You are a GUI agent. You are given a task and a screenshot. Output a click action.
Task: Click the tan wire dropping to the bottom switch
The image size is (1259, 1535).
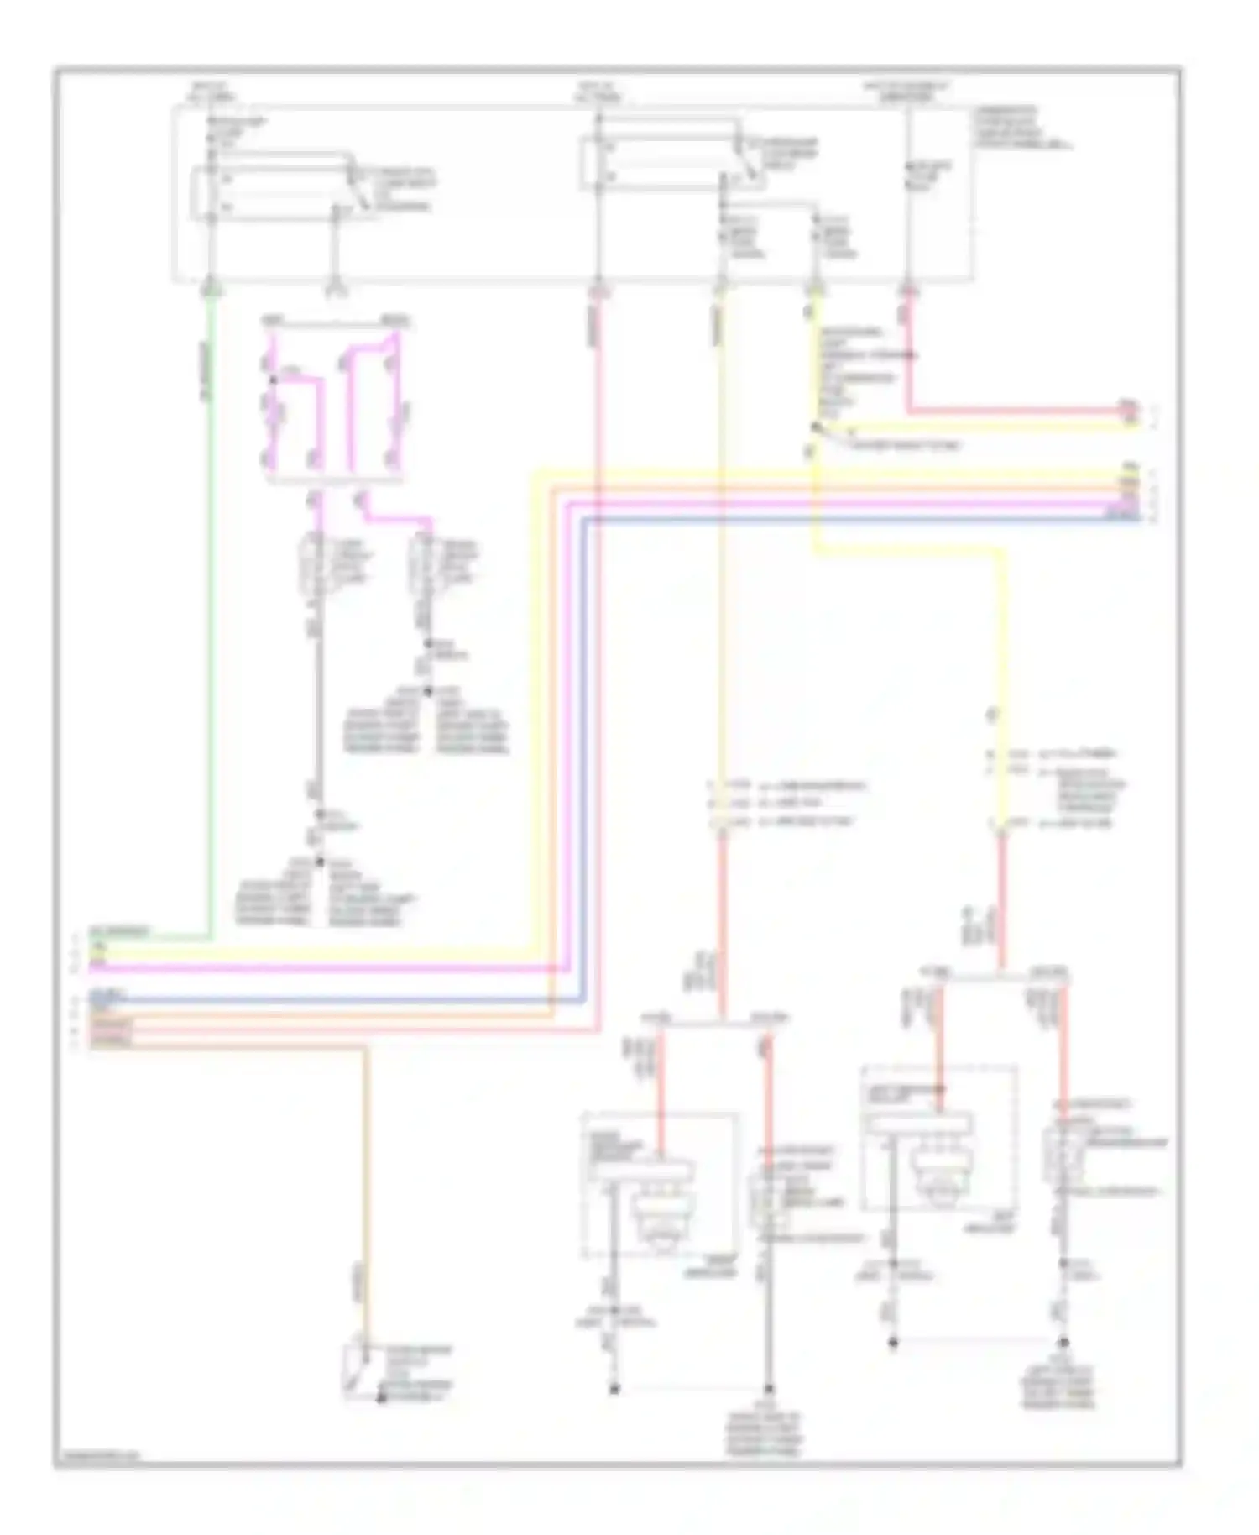pos(366,1176)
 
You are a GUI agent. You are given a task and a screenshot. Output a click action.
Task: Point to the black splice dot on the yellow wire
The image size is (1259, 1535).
pos(815,428)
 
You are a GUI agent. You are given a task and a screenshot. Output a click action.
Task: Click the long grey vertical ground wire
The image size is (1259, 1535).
pos(318,714)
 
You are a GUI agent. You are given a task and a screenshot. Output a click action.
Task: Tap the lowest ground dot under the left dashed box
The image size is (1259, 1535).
pos(614,1390)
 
